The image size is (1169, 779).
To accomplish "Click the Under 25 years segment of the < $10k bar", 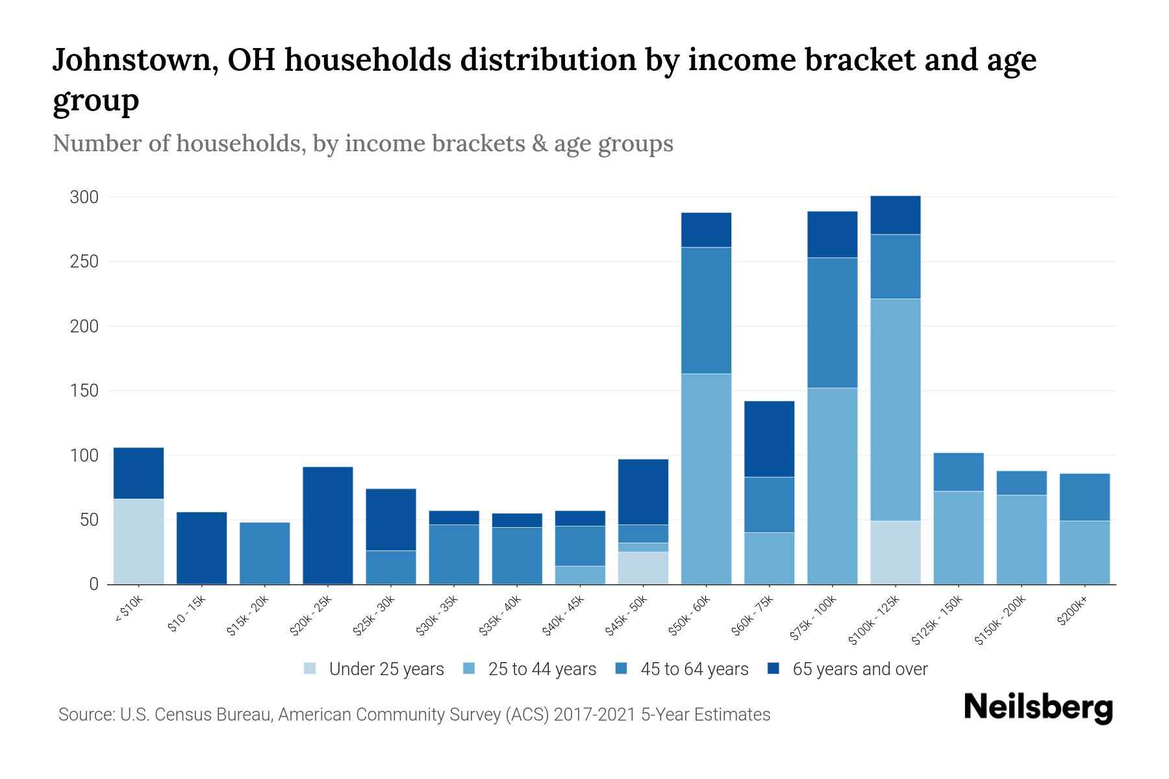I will (138, 541).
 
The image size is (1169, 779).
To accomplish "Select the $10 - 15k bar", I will (201, 548).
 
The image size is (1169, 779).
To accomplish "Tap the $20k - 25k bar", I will (328, 525).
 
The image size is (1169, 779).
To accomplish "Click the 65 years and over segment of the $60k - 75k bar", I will (769, 439).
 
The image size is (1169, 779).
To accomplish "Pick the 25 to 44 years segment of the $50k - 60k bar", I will (706, 478).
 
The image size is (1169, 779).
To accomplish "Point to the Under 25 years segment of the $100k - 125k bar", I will (896, 552).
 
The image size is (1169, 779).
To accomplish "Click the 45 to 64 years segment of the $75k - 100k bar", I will (832, 323).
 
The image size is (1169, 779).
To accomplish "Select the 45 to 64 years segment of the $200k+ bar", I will (1085, 497).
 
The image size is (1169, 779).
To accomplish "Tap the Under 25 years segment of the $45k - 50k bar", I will (643, 567).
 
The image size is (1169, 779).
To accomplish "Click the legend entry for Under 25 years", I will (386, 669).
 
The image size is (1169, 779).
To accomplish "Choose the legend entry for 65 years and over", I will (859, 669).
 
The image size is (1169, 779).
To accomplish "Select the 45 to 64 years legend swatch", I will (622, 669).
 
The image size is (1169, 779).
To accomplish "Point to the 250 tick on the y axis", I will (84, 262).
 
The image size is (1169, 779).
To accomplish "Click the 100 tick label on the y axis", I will (84, 456).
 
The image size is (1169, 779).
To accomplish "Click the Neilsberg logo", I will (1038, 708).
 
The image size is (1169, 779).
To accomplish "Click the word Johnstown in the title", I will (129, 60).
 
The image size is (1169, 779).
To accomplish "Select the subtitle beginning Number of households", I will (362, 143).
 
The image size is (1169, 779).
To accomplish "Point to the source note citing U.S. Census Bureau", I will (414, 715).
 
